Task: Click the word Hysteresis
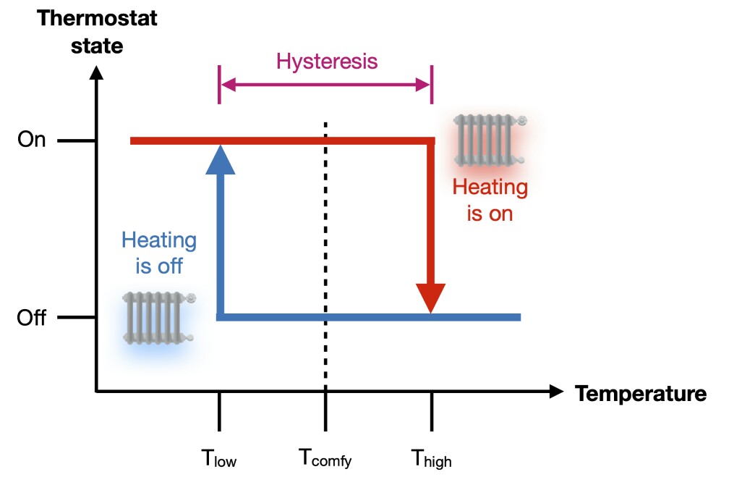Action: click(327, 61)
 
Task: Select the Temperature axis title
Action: click(640, 394)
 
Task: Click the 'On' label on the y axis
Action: click(32, 140)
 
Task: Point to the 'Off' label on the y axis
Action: click(32, 318)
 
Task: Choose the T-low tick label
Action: click(219, 458)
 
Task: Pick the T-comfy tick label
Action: click(325, 458)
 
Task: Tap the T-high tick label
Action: click(432, 458)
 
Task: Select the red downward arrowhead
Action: click(432, 297)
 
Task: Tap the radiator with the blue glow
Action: click(158, 316)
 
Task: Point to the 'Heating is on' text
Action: click(490, 200)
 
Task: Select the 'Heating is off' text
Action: click(158, 253)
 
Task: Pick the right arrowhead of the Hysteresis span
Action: click(424, 85)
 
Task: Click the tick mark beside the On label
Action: click(77, 140)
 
